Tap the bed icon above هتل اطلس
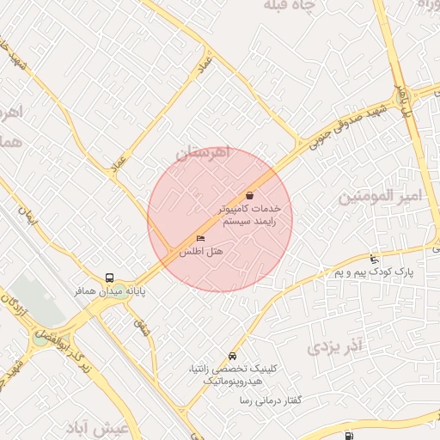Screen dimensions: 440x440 tap(201, 238)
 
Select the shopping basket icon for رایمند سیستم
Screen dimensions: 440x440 tap(249, 195)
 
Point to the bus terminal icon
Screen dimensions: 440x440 tap(109, 278)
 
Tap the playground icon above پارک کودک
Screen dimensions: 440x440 tap(373, 259)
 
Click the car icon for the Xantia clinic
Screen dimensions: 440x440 tap(232, 356)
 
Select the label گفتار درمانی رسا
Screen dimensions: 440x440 tap(252, 400)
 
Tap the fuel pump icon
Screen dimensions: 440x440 tap(348, 436)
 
